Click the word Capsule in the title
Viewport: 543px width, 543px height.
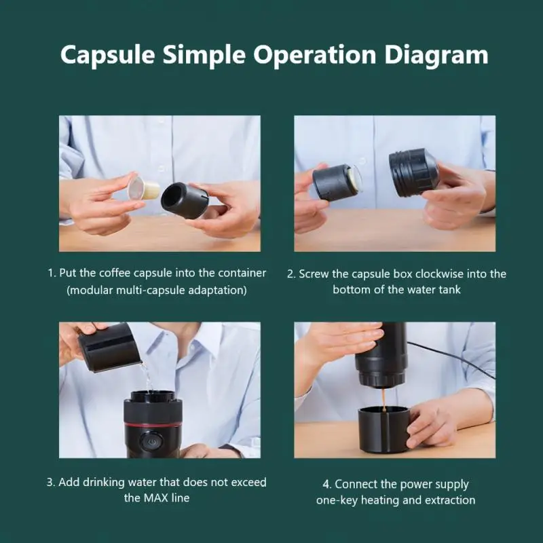coord(107,55)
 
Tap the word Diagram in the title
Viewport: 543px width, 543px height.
coord(436,55)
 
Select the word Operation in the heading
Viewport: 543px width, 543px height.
coord(315,55)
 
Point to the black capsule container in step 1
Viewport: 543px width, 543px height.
coord(185,200)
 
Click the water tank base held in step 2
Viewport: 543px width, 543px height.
coord(414,173)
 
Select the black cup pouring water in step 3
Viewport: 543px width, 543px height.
coord(109,348)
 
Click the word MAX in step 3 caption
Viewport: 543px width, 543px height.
coord(156,498)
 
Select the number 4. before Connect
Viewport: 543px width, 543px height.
coord(327,484)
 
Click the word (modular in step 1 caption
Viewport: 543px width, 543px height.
coord(90,291)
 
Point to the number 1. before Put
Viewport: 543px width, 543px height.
coord(52,274)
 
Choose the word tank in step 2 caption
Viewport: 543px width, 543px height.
coord(449,290)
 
